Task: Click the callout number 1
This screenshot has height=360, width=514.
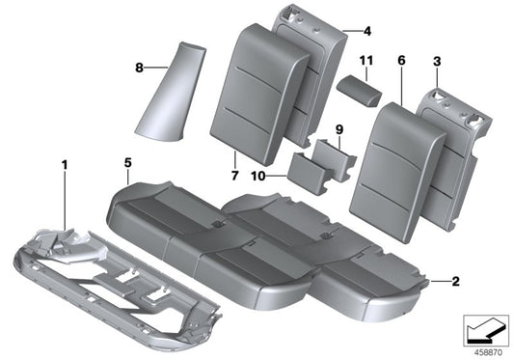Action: (65, 166)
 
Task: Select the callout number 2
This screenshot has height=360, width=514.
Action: (455, 282)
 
